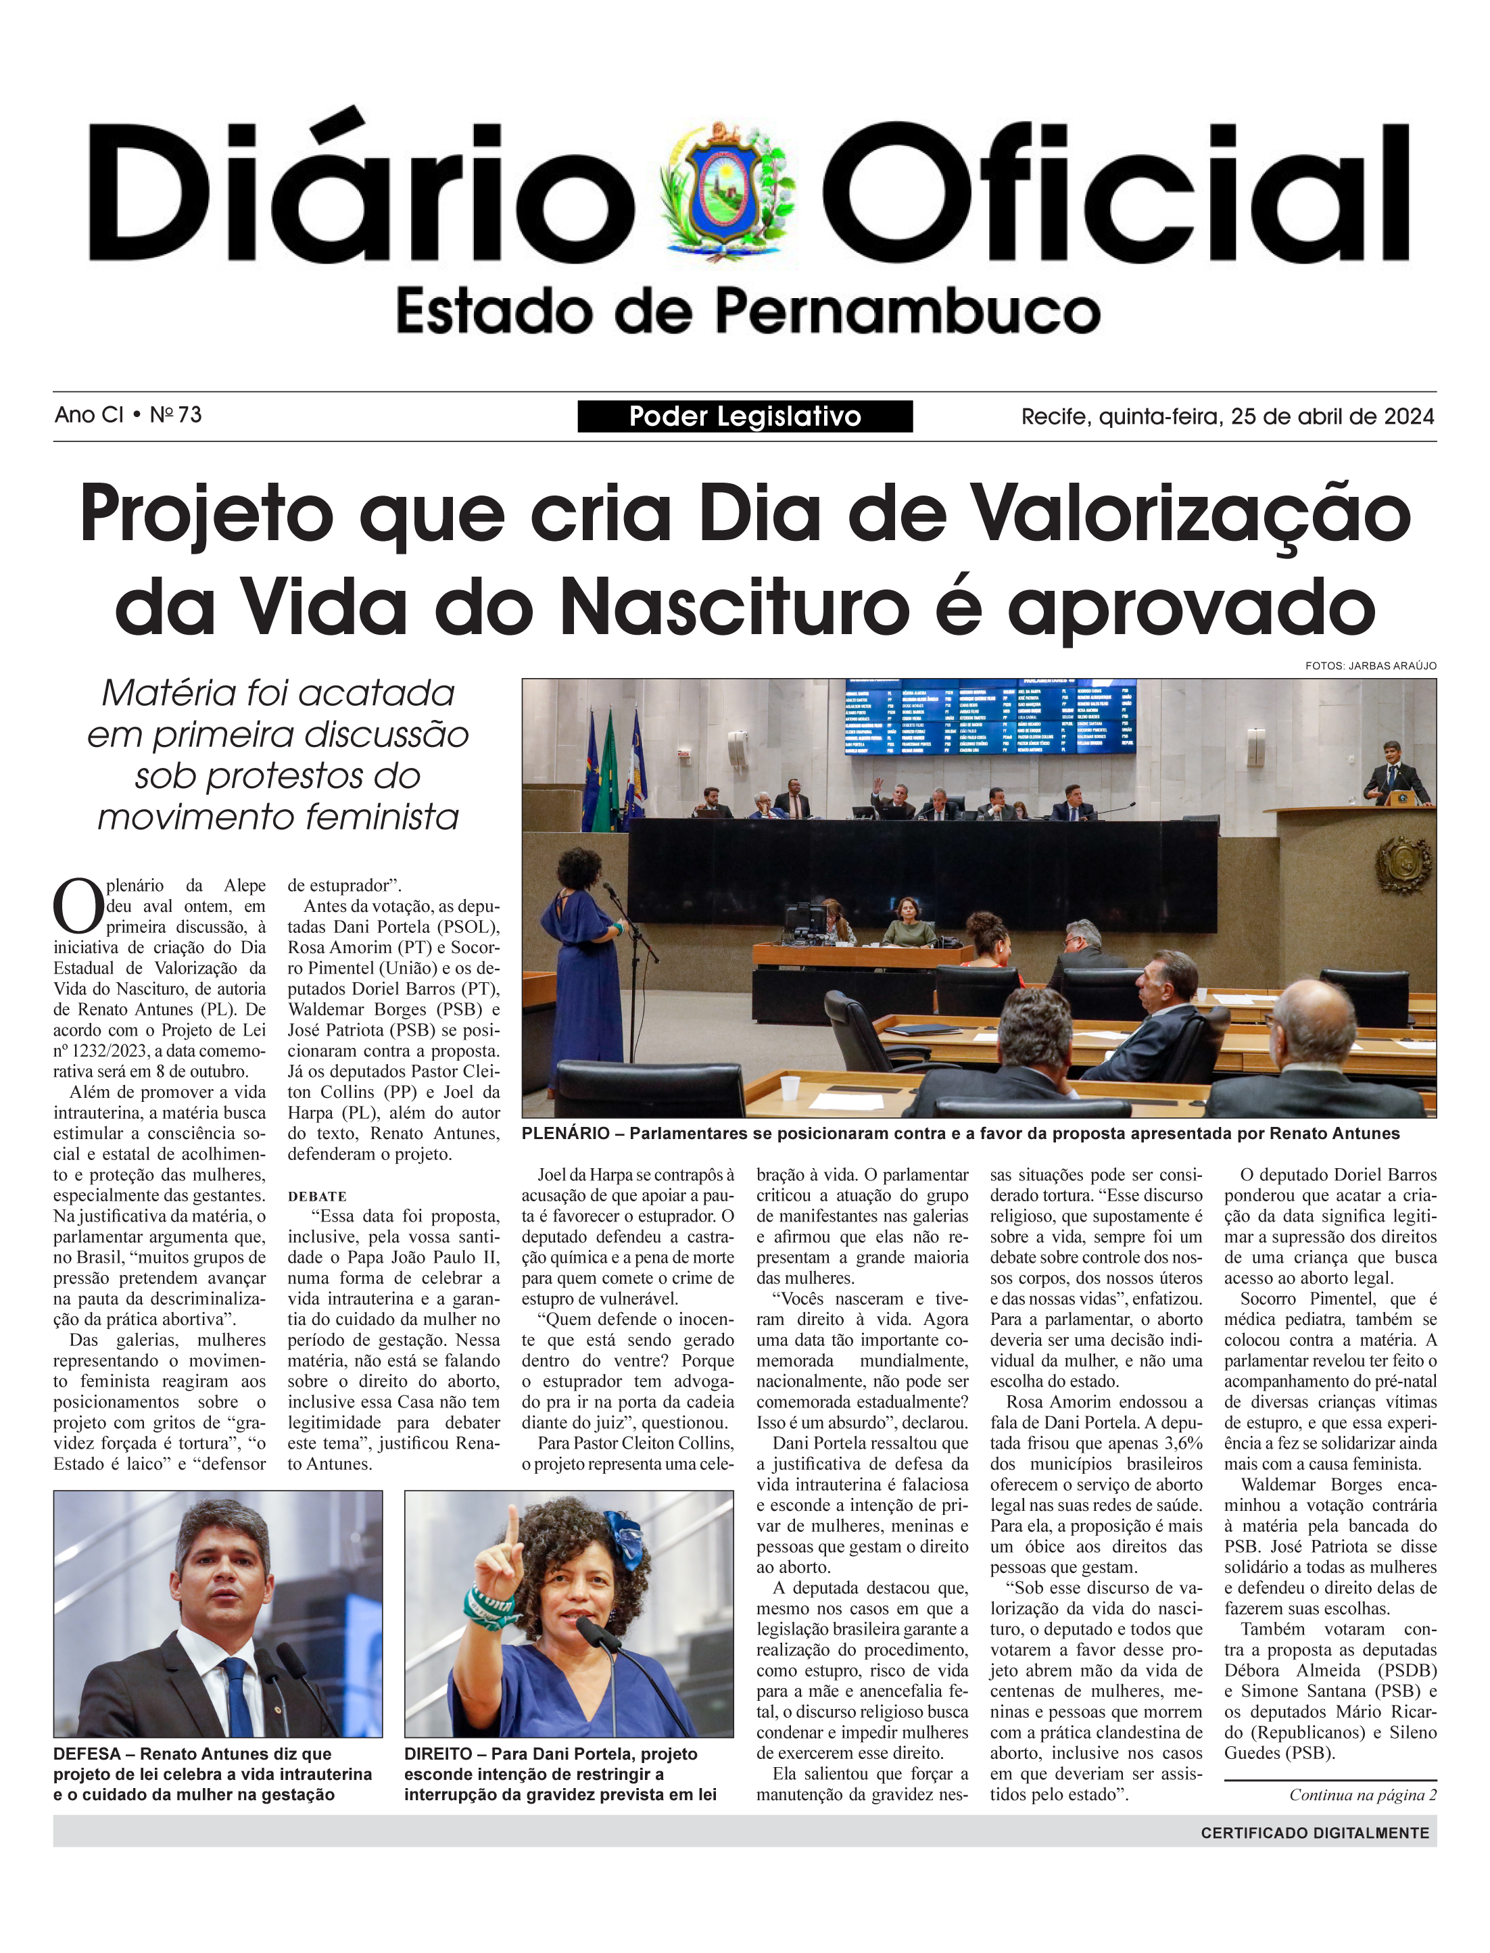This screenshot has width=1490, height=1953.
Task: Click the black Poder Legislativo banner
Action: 744,416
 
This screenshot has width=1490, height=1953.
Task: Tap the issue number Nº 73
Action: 176,415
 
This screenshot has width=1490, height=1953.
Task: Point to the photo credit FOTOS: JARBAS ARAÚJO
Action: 1370,665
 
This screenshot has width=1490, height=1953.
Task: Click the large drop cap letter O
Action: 78,906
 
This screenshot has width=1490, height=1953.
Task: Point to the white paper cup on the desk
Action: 790,1087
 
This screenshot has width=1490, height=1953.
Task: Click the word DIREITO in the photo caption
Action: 439,1754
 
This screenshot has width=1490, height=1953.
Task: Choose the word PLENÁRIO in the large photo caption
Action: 565,1134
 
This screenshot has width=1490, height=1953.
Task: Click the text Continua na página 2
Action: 1362,1795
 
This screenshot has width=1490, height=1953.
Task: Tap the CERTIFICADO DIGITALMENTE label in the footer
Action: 1314,1833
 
